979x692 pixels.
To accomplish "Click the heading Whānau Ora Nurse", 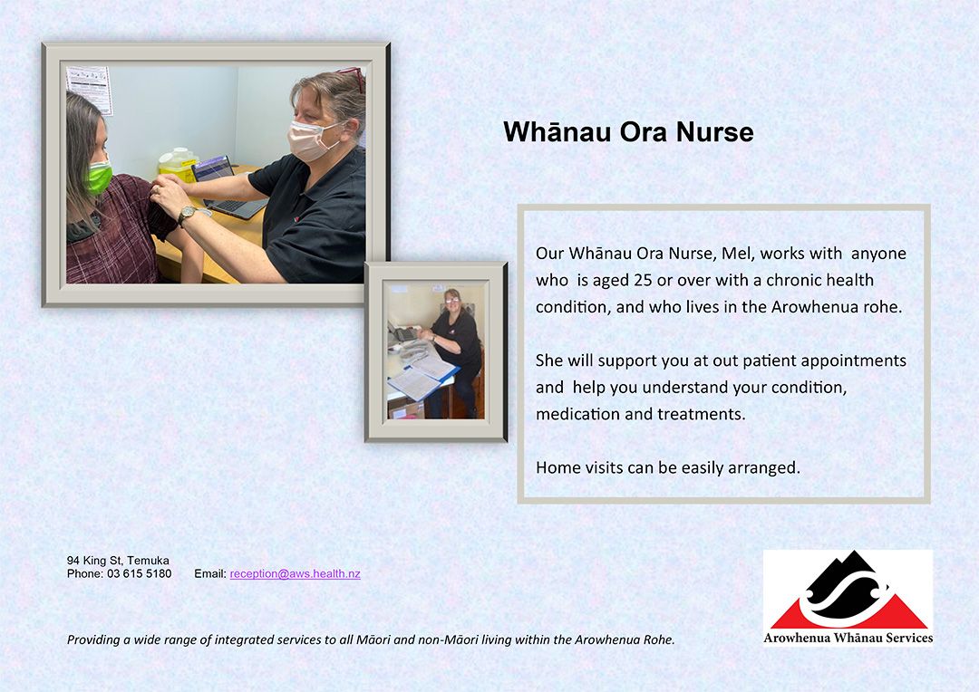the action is pos(628,132).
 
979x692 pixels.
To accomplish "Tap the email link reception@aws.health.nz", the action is pos(295,574).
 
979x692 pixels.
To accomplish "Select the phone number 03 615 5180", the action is pos(140,573).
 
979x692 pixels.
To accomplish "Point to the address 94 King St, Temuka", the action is pos(118,561).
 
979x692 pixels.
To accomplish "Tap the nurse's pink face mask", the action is pos(311,139).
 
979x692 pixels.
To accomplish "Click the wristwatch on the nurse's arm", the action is pos(187,216).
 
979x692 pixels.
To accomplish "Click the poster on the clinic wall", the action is pos(89,89).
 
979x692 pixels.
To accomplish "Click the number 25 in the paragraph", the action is pos(643,280).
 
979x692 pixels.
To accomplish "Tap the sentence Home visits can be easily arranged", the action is pos(667,467).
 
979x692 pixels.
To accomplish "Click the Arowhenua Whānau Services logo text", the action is pos(848,638).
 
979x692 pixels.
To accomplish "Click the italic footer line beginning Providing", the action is pos(371,639).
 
